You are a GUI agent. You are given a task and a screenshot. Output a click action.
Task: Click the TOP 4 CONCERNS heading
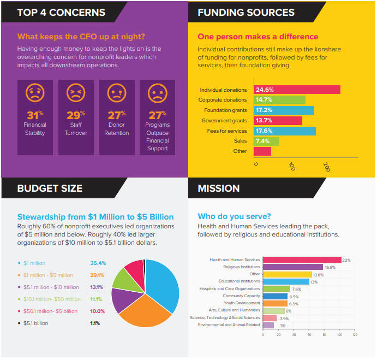pyautogui.click(x=61, y=12)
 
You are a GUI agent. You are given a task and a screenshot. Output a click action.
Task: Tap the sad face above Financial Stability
pyautogui.click(x=35, y=93)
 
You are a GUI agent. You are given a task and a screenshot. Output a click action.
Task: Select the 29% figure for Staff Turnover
pyautogui.click(x=76, y=115)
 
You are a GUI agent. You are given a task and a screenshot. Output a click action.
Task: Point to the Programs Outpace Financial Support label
pyautogui.click(x=157, y=137)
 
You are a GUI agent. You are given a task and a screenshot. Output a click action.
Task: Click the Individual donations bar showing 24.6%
pyautogui.click(x=297, y=90)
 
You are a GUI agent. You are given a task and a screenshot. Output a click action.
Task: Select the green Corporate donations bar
pyautogui.click(x=279, y=100)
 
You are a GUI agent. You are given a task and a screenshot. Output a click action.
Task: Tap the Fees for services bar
pyautogui.click(x=284, y=131)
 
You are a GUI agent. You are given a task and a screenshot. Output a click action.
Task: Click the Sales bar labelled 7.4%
pyautogui.click(x=266, y=141)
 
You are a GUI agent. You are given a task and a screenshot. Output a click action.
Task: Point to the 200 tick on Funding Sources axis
pyautogui.click(x=327, y=167)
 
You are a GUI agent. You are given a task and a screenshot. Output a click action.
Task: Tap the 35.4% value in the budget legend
pyautogui.click(x=98, y=263)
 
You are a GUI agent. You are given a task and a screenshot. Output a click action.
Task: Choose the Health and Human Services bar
pyautogui.click(x=302, y=259)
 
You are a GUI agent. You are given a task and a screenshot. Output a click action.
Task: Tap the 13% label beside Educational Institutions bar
pyautogui.click(x=314, y=282)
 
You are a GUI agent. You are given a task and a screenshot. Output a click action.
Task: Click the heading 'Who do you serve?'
pyautogui.click(x=234, y=216)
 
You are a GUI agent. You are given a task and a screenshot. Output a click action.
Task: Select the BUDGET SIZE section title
pyautogui.click(x=50, y=188)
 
